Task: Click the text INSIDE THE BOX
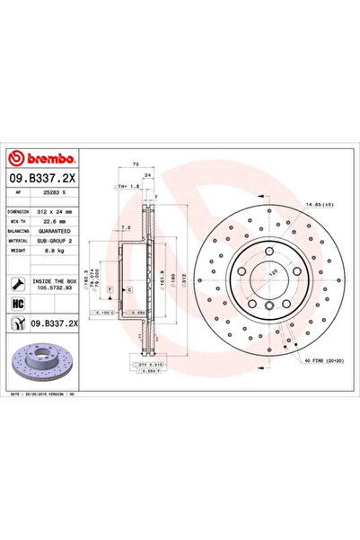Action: coord(57,280)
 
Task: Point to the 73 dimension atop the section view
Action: coord(134,165)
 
